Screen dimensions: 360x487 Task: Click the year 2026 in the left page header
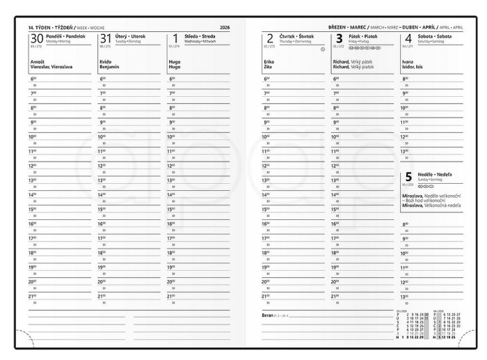[224, 27]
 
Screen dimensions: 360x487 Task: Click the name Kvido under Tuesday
[106, 62]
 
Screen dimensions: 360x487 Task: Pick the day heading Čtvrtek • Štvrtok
[296, 36]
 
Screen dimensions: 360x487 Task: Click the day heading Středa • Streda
[200, 36]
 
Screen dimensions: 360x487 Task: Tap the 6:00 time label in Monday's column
[33, 79]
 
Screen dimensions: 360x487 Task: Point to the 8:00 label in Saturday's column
[406, 79]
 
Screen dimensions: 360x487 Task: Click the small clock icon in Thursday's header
[323, 49]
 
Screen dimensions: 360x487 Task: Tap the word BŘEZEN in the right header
[340, 26]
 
